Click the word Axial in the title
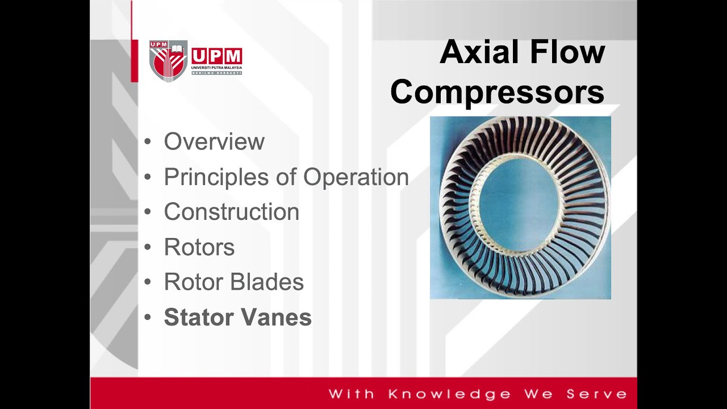pyautogui.click(x=480, y=52)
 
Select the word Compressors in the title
pyautogui.click(x=497, y=92)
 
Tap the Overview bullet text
pyautogui.click(x=214, y=142)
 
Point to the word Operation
pyautogui.click(x=356, y=177)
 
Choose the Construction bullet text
pyautogui.click(x=231, y=212)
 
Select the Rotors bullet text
pyautogui.click(x=199, y=247)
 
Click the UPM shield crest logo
pyautogui.click(x=168, y=61)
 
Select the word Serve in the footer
pyautogui.click(x=596, y=394)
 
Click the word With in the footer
pyautogui.click(x=351, y=394)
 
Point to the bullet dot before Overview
pyautogui.click(x=148, y=142)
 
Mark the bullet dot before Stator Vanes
pyautogui.click(x=148, y=318)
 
